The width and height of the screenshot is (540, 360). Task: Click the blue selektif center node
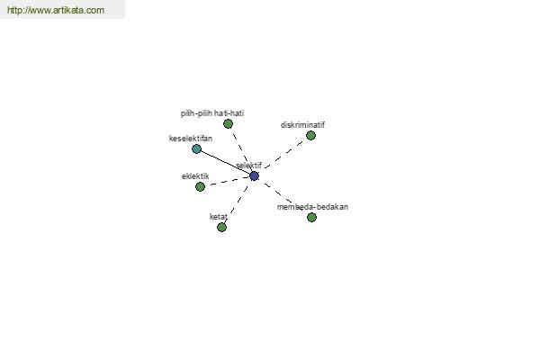pos(254,176)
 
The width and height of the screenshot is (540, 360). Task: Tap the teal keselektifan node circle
pos(196,148)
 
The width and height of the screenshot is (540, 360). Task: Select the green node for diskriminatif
pos(311,135)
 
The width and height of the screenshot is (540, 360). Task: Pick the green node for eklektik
pos(200,186)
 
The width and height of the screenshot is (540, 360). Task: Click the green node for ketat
pos(221,227)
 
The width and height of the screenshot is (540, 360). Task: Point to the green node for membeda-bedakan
pos(311,218)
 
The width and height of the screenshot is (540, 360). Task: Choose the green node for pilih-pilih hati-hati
pos(228,123)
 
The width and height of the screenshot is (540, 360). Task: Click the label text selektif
pos(248,166)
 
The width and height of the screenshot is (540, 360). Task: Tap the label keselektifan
pos(191,139)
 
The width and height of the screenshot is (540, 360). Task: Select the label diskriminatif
pos(302,125)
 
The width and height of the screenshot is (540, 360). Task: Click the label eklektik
pos(195,176)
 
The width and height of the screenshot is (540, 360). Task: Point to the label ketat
pos(219,217)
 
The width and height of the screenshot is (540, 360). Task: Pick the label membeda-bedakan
pos(312,207)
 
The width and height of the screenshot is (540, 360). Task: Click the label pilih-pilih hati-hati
pos(212,113)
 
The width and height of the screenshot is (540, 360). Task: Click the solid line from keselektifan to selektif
pos(225,162)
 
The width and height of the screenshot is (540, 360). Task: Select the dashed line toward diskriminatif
pos(283,155)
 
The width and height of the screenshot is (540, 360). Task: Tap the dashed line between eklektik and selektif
pos(229,181)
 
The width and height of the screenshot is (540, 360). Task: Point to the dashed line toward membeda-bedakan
pos(282,195)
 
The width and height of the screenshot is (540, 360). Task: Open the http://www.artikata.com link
pos(56,10)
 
